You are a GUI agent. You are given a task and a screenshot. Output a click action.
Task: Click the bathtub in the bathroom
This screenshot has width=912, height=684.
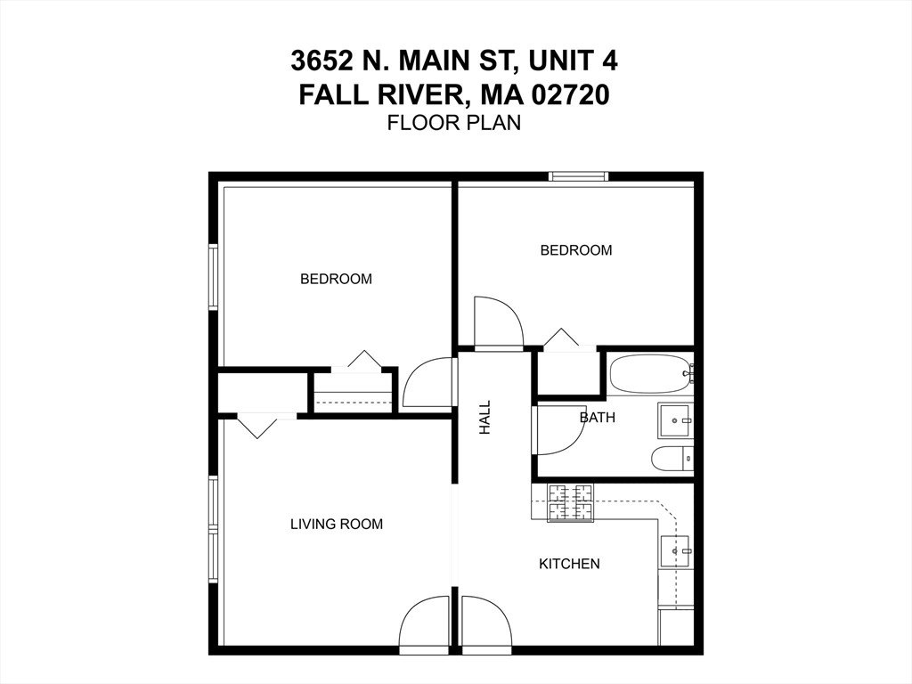[651, 374]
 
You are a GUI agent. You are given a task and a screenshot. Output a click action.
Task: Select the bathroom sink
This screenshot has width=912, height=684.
[675, 420]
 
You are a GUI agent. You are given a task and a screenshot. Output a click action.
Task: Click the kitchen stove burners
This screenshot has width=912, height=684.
[572, 502]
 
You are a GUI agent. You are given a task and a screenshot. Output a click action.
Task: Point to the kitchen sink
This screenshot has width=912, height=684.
[675, 550]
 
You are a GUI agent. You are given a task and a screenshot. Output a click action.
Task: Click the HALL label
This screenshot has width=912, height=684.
[484, 417]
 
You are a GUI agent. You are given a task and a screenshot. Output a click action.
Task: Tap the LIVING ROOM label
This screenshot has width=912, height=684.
[336, 524]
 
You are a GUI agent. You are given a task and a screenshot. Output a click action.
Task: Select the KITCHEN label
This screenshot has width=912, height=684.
[569, 564]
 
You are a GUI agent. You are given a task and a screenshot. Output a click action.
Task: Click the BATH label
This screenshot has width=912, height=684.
[598, 418]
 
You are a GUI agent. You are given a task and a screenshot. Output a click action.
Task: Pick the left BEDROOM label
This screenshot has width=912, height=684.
[336, 279]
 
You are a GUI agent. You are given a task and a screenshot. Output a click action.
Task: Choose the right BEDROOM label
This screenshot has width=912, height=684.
[576, 250]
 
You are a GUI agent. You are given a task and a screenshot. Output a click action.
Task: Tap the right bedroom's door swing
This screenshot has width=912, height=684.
[499, 322]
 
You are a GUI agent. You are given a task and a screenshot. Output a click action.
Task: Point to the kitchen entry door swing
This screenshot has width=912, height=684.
[486, 621]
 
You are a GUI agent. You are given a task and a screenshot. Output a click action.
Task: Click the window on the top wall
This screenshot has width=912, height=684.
[579, 176]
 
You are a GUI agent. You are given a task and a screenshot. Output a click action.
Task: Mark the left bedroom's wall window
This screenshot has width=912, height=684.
[213, 277]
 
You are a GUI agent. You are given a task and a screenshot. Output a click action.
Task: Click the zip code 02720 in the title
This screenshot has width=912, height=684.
[571, 95]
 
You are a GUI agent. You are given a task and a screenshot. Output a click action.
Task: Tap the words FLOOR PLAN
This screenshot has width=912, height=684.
[454, 123]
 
